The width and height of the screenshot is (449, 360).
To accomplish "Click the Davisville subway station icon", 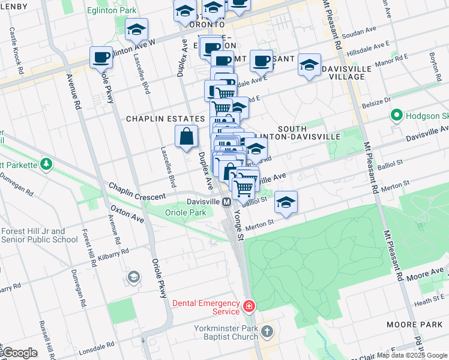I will [x=227, y=202].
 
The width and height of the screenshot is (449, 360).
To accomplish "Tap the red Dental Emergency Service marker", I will [x=249, y=307].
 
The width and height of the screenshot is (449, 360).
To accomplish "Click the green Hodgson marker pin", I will [x=396, y=115].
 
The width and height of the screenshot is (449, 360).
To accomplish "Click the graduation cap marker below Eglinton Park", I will [x=137, y=30].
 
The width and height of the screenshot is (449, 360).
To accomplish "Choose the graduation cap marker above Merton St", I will [x=286, y=203].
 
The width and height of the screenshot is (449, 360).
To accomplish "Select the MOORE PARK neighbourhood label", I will [x=423, y=325].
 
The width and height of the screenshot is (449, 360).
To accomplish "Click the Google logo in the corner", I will [x=19, y=353].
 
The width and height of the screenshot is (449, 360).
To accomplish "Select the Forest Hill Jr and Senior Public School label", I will [x=39, y=235].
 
